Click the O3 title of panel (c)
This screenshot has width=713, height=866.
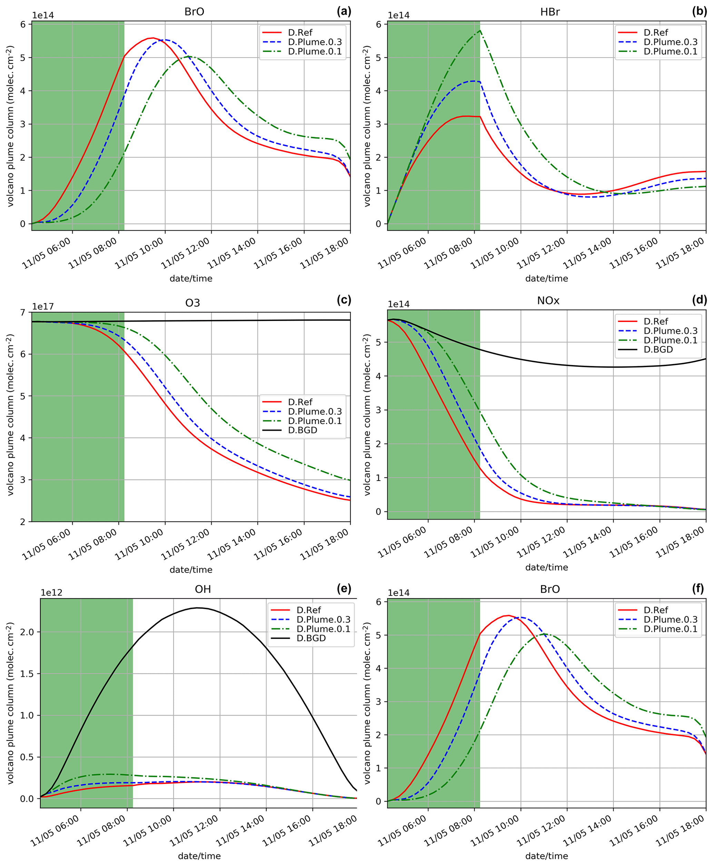click(x=192, y=303)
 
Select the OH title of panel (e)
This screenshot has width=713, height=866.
click(x=203, y=590)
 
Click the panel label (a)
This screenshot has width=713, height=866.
click(x=344, y=11)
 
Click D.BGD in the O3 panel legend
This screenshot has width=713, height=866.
click(x=303, y=430)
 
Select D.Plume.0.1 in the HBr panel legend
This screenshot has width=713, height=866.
click(x=670, y=51)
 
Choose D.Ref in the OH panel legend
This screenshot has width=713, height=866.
click(x=309, y=610)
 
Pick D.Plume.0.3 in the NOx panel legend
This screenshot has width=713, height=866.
click(x=670, y=331)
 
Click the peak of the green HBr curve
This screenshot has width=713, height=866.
click(x=480, y=30)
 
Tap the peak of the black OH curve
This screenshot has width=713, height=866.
click(x=198, y=608)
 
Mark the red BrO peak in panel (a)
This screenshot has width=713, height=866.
click(x=153, y=38)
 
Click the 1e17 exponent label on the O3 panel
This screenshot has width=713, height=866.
click(x=43, y=306)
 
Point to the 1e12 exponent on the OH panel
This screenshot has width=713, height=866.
click(x=51, y=593)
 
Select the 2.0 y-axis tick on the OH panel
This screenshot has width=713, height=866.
click(x=28, y=632)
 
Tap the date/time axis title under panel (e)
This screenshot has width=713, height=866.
click(x=199, y=856)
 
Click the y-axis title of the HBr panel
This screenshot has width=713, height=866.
click(x=367, y=125)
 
